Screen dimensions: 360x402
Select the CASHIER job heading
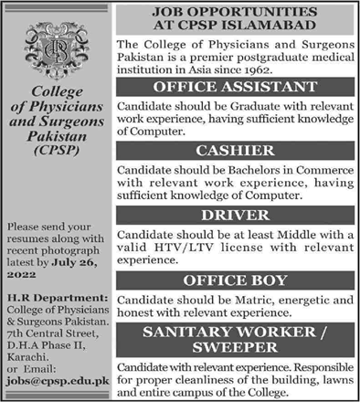(234, 150)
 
